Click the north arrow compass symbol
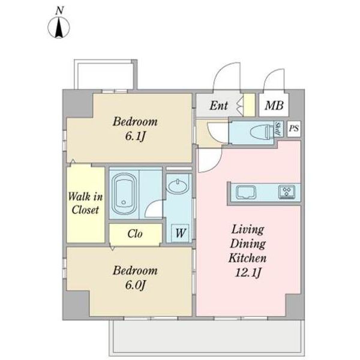coord(59,28)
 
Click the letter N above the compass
coord(59,10)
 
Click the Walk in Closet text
coord(85,203)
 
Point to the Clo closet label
coord(135,234)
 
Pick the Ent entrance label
coord(218,106)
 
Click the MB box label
coord(274,106)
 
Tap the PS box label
coord(293,128)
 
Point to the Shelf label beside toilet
coord(278,130)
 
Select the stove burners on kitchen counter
coord(286,193)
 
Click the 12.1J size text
coord(248,274)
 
